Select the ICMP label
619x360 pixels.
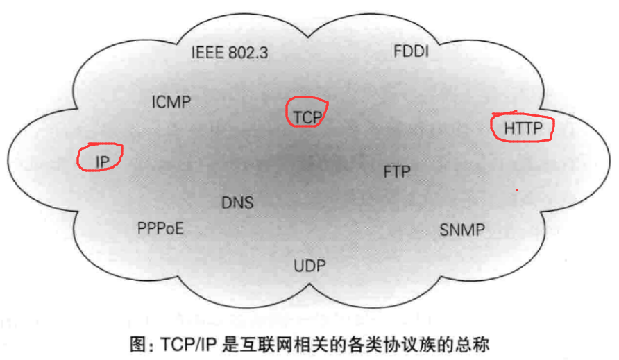pos(171,103)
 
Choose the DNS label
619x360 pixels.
pos(237,203)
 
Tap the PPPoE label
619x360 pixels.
pos(161,228)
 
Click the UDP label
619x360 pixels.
pos(309,266)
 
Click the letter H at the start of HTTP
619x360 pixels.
pos(509,128)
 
